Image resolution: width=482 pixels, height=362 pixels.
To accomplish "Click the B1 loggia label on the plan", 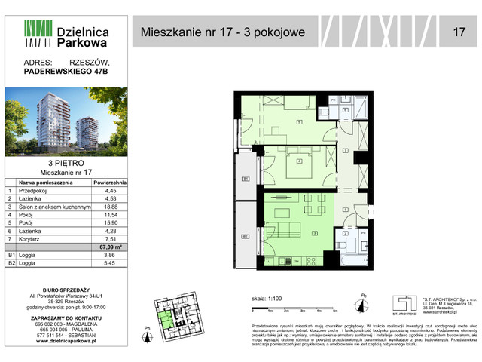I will pos(245,179).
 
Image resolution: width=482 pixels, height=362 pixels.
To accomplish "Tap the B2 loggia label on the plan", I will pos(245,235).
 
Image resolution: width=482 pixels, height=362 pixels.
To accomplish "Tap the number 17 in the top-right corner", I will pos(458,32).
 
